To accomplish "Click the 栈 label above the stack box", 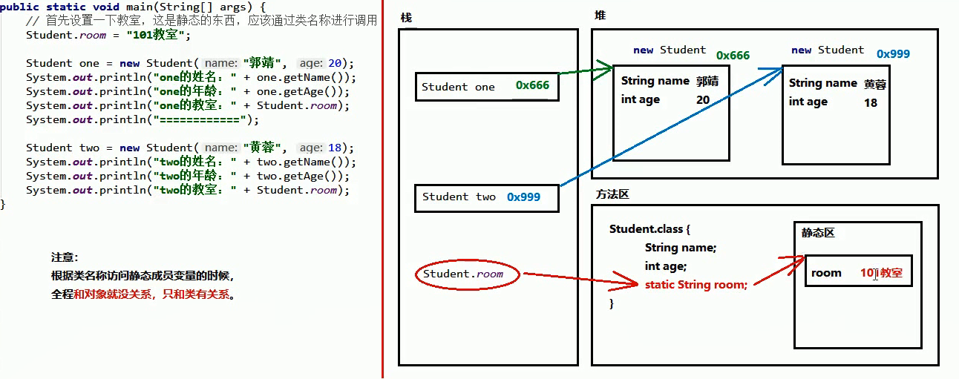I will (406, 17).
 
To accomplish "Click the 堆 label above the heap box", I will (600, 16).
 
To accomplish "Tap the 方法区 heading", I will (612, 194).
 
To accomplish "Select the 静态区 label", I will (818, 233).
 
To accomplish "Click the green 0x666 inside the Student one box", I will (532, 86).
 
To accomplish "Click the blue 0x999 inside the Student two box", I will (523, 197).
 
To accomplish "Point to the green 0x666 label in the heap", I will (733, 56).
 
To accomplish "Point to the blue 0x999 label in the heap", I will (893, 54).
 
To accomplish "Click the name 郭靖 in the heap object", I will (707, 82).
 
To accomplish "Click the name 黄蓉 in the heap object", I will (875, 85).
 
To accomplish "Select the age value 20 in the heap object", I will (703, 99).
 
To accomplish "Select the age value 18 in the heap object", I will (871, 102).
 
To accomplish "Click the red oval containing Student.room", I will (468, 274).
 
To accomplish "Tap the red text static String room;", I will (695, 284).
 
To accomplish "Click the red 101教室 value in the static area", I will (881, 273).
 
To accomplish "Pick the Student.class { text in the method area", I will (650, 229).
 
